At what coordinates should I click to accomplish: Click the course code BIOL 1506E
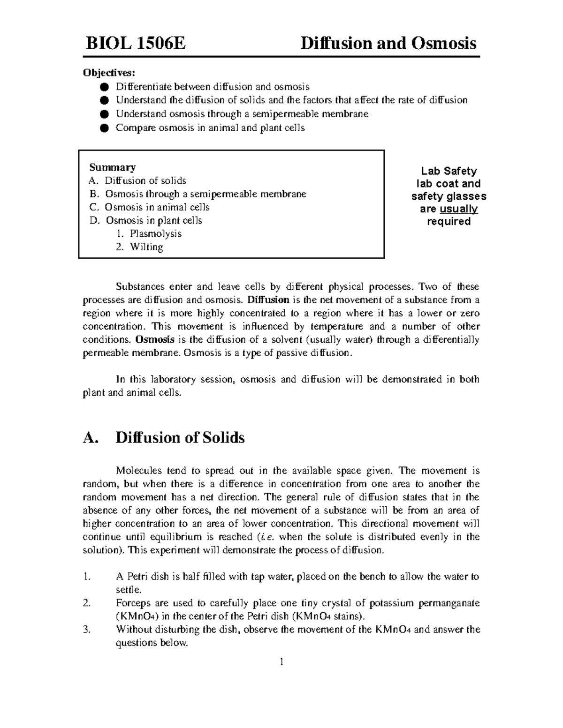point(135,44)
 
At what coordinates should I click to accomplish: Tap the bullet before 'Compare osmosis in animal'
point(104,128)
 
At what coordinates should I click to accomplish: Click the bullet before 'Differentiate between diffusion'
point(104,87)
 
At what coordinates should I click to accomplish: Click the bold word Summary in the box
point(113,167)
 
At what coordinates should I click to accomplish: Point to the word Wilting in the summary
point(146,247)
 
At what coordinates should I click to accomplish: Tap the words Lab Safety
point(449,171)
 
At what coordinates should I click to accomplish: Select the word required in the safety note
point(449,222)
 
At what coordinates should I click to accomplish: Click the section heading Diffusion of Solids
point(180,438)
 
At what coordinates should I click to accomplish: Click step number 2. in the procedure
point(86,603)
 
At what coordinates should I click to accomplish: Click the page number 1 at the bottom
point(281,662)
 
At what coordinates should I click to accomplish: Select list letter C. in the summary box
point(94,207)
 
